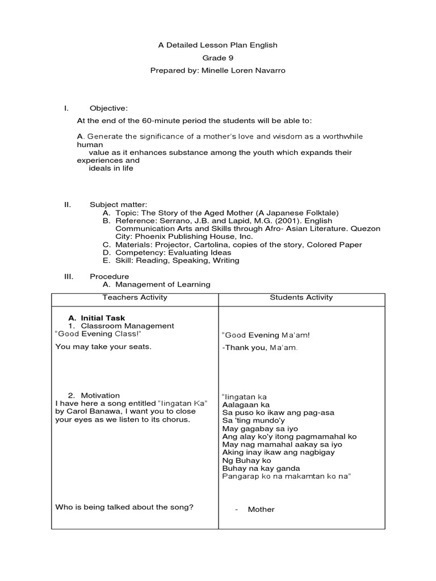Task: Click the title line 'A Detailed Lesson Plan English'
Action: click(x=218, y=45)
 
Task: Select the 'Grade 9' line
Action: click(x=218, y=58)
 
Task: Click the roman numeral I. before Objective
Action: click(x=66, y=108)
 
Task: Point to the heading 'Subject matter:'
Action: click(x=118, y=204)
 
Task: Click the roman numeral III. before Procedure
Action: click(x=69, y=276)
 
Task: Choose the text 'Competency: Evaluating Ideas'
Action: click(x=173, y=252)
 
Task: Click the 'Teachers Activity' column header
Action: click(x=135, y=297)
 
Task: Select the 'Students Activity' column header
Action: click(x=301, y=297)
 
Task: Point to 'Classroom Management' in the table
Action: click(x=127, y=326)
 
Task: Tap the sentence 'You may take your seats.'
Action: click(x=103, y=347)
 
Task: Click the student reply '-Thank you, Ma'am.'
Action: click(x=259, y=347)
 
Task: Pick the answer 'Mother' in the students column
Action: click(x=261, y=510)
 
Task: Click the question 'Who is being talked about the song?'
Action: click(x=124, y=507)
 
